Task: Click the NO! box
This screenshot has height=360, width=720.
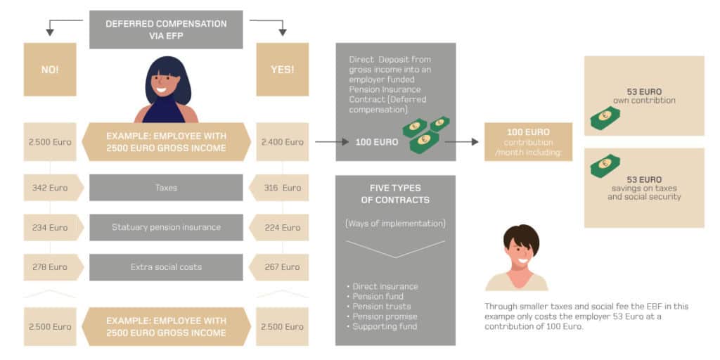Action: tap(50, 70)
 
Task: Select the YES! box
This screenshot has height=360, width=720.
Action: tap(282, 70)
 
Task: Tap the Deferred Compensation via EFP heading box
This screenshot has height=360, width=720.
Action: tap(166, 29)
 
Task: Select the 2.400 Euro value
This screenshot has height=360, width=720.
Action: tap(282, 142)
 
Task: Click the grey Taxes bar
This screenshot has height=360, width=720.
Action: tap(166, 188)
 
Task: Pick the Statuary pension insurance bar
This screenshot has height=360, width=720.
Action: tap(166, 227)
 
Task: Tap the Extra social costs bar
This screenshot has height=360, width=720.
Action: tap(166, 267)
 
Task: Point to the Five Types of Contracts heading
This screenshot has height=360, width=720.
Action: tap(395, 194)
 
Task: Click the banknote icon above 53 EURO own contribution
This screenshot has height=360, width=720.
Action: tap(605, 118)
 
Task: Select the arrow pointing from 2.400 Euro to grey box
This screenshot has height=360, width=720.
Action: tap(331, 142)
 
